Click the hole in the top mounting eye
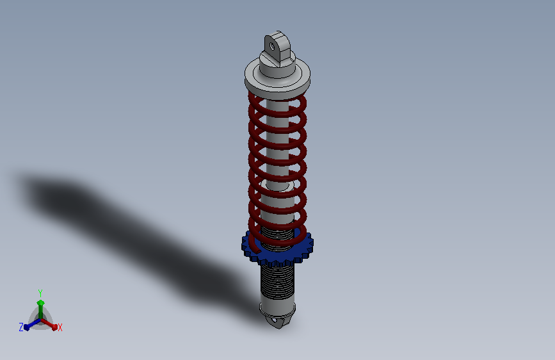point(272,46)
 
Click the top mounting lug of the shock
point(277,48)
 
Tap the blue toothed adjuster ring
point(278,249)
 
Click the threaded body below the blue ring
point(278,282)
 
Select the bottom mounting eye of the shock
point(278,321)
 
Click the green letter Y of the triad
point(40,293)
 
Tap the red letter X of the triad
point(60,327)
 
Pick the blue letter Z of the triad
point(21,327)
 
